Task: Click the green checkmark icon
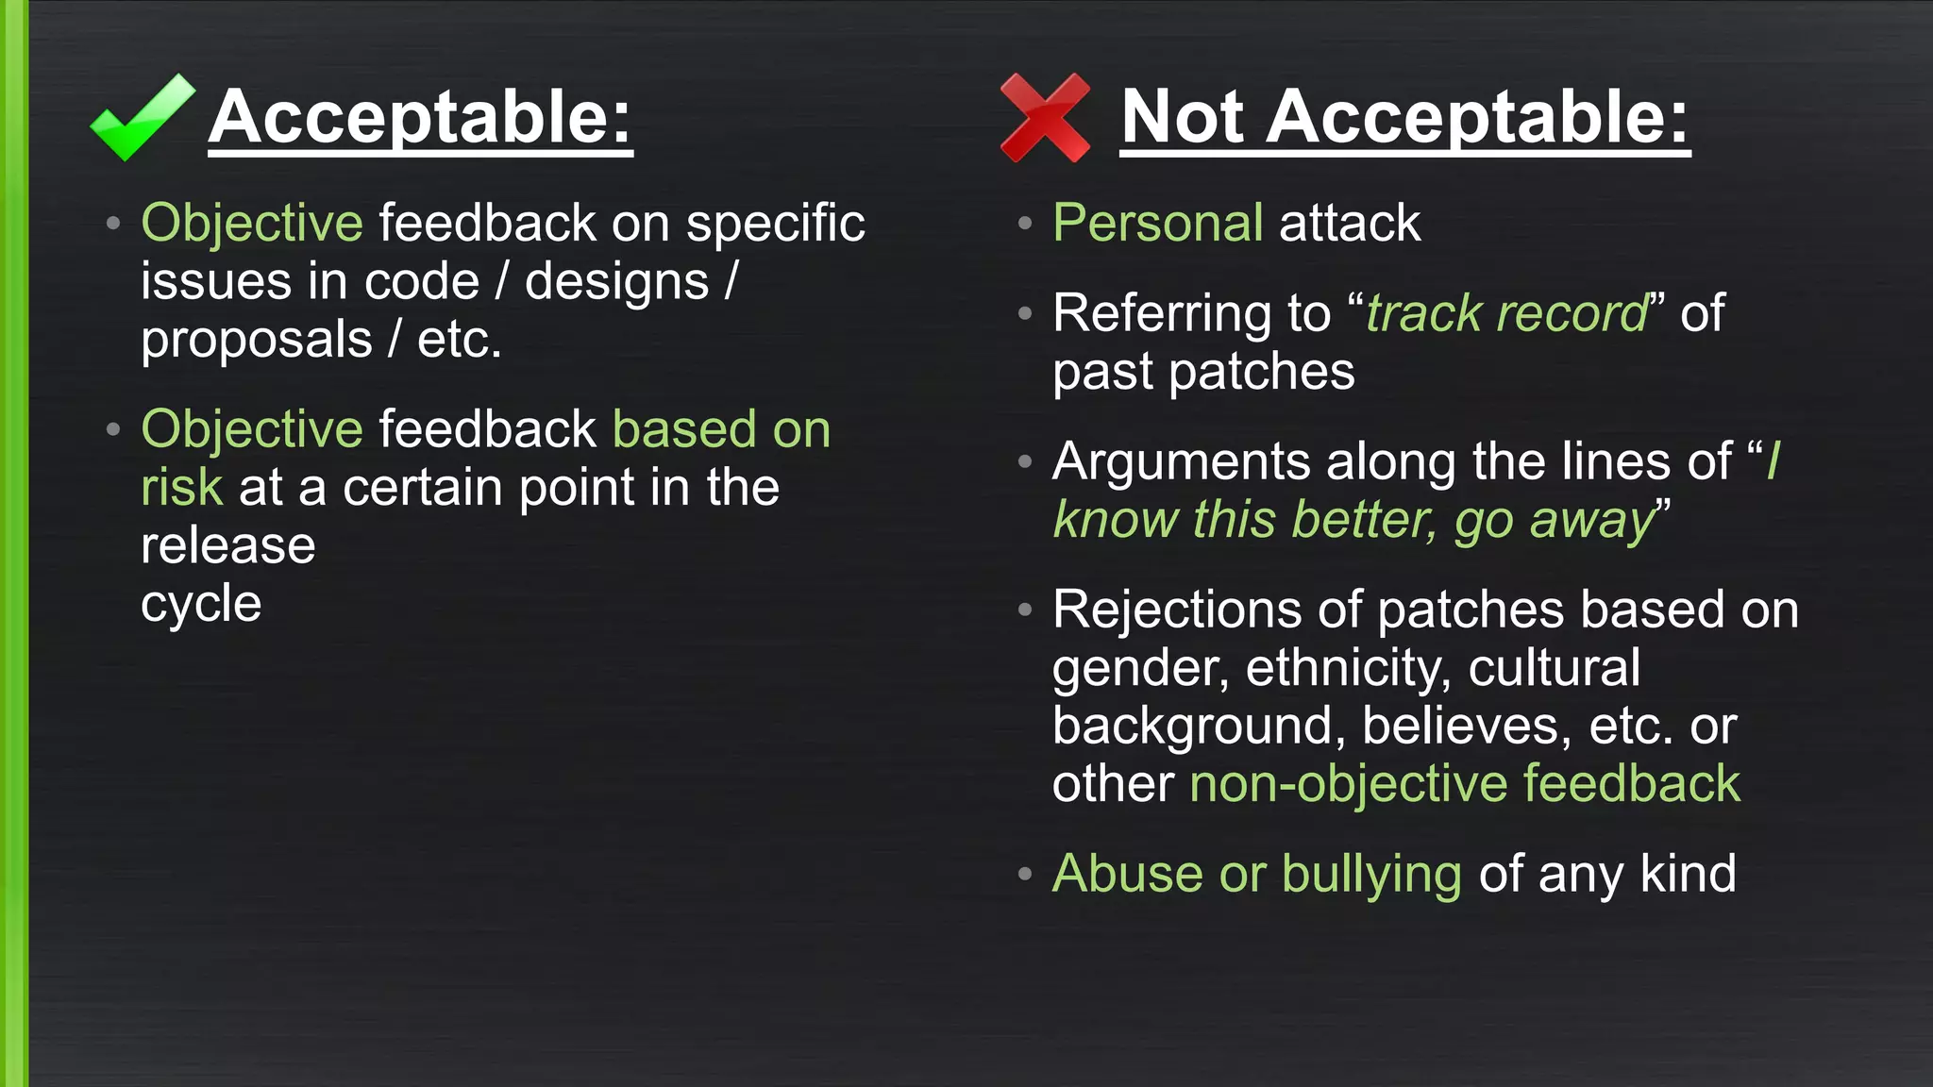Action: [x=142, y=118]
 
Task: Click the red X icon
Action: [x=1045, y=118]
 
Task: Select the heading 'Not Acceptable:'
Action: [x=1404, y=117]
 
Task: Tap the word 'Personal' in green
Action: [x=1157, y=224]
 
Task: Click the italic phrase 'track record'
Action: [x=1506, y=313]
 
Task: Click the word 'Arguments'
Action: [x=1181, y=462]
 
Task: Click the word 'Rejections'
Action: [x=1176, y=610]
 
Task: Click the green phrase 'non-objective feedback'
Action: [x=1464, y=784]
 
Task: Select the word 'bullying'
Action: [x=1371, y=875]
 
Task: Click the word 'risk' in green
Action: [x=181, y=488]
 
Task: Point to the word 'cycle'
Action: [x=201, y=604]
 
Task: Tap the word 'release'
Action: [x=227, y=546]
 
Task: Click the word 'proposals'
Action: [x=257, y=341]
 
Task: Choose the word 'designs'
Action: [x=616, y=282]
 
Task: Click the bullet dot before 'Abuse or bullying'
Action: [x=1025, y=874]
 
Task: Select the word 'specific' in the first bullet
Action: [x=775, y=224]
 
